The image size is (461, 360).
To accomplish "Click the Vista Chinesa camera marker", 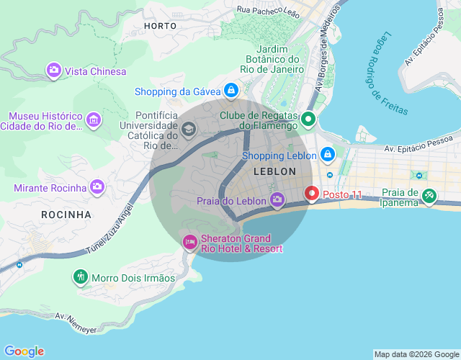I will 54,71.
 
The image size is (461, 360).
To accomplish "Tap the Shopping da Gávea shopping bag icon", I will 230,91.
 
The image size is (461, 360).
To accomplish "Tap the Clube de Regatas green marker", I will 308,120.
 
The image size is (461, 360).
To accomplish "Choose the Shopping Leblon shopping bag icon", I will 327,155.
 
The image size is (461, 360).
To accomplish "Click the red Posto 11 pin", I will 311,194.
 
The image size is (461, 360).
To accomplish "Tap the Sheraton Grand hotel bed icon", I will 190,242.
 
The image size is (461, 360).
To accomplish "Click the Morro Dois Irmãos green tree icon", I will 80,277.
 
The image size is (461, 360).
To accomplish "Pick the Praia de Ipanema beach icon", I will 429,195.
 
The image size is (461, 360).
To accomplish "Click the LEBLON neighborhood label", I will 274,171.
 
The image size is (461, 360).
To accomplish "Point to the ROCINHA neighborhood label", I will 66,215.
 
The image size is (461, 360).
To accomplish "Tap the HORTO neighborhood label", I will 160,25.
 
